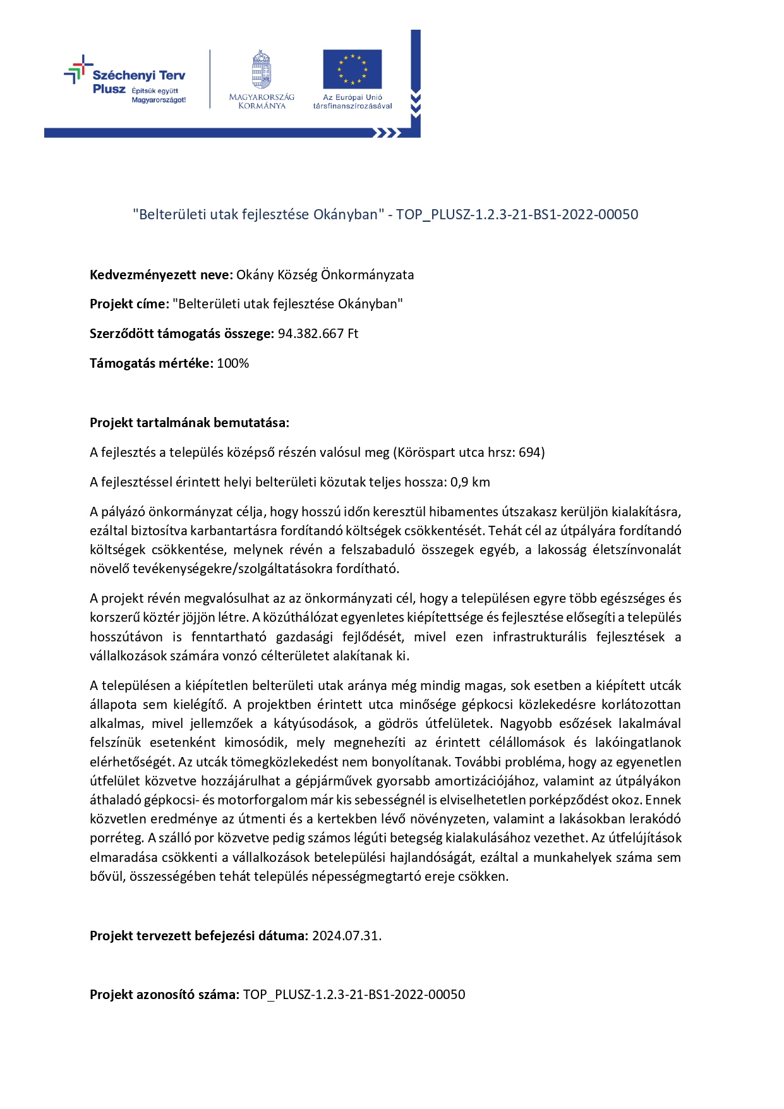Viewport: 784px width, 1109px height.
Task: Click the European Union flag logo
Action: coord(352,69)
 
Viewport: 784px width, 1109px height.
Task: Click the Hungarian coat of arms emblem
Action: coord(261,70)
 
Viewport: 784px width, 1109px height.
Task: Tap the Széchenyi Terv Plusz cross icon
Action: coord(77,70)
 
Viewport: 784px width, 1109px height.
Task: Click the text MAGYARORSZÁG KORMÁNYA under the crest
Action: coord(262,101)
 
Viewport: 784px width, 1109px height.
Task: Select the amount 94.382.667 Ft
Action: coord(318,334)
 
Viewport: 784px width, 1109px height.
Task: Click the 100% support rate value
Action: coord(232,363)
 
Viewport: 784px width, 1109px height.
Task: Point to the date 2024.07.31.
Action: coord(347,936)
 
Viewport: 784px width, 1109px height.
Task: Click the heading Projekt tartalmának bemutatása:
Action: coord(190,423)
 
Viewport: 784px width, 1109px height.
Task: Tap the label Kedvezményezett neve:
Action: coord(162,275)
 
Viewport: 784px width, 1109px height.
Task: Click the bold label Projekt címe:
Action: coord(130,304)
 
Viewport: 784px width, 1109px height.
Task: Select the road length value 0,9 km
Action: coord(470,482)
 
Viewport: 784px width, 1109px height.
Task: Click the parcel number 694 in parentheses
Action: coord(529,452)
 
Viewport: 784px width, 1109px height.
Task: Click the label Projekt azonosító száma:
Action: coord(164,995)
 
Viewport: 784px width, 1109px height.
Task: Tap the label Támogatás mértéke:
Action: coord(152,363)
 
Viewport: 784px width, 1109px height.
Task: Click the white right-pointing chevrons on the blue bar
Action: coord(387,133)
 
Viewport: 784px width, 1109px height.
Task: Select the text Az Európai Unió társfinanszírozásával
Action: coord(353,102)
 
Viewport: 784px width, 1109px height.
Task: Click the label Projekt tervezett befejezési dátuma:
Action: coord(199,936)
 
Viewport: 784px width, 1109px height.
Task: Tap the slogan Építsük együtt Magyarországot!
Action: coord(158,95)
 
